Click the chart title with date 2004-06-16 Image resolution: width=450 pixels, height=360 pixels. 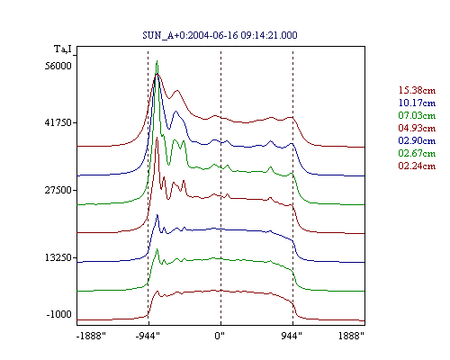220,35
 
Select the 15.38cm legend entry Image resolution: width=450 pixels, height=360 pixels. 417,90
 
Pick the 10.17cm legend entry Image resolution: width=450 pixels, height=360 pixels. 417,103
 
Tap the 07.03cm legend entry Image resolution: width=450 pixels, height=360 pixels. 417,115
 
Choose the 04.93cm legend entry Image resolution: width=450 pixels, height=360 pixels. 417,128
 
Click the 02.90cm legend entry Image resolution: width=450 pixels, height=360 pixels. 417,140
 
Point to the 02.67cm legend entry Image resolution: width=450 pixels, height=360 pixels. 417,153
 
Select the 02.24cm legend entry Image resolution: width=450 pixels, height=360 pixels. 417,166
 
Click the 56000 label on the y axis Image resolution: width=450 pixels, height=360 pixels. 58,66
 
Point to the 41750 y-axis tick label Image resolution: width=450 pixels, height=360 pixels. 58,122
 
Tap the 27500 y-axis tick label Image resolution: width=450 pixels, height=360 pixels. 58,190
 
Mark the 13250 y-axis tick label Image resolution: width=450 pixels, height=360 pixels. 58,257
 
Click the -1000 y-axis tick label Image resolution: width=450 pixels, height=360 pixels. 59,314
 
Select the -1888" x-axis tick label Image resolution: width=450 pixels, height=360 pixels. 92,336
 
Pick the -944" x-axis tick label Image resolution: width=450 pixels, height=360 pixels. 148,336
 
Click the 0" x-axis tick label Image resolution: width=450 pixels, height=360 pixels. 220,336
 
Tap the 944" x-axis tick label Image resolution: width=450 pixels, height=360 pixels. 292,336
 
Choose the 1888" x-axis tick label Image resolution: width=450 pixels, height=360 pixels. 351,336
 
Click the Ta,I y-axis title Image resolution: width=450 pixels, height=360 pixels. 63,49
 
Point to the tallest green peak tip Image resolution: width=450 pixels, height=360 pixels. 157,61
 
